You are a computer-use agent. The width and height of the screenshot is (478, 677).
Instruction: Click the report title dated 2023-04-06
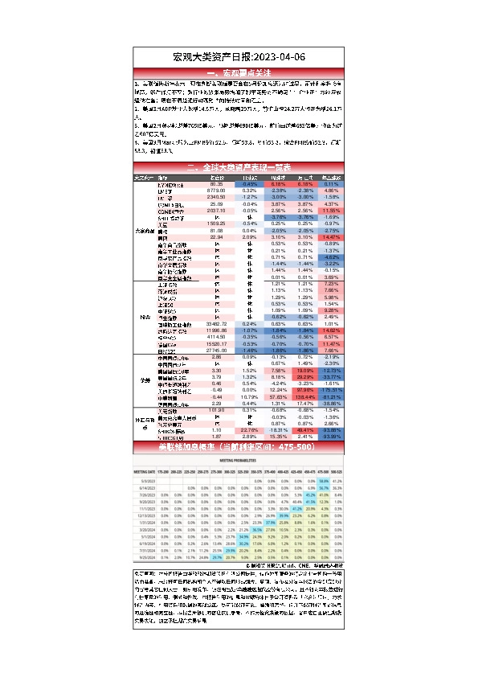(239, 57)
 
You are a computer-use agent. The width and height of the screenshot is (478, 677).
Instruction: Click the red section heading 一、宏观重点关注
(239, 72)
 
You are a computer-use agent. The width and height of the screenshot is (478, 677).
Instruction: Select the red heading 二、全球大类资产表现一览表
(239, 167)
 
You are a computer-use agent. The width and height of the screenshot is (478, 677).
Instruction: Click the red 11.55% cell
(330, 210)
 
